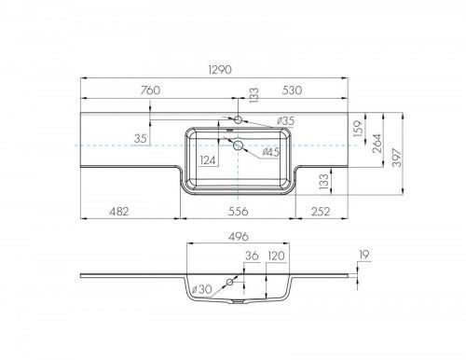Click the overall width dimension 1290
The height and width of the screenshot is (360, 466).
[220, 70]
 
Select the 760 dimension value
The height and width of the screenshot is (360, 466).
[150, 90]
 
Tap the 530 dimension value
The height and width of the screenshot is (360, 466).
[292, 90]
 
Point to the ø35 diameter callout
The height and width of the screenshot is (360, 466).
[285, 121]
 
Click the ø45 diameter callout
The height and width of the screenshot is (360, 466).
[270, 152]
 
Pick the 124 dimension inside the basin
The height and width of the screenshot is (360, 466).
[208, 160]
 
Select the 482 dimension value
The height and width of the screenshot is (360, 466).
[119, 212]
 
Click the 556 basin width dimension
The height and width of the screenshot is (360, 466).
[238, 212]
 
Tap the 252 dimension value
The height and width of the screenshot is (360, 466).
[321, 212]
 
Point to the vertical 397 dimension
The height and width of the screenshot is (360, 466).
[397, 158]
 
